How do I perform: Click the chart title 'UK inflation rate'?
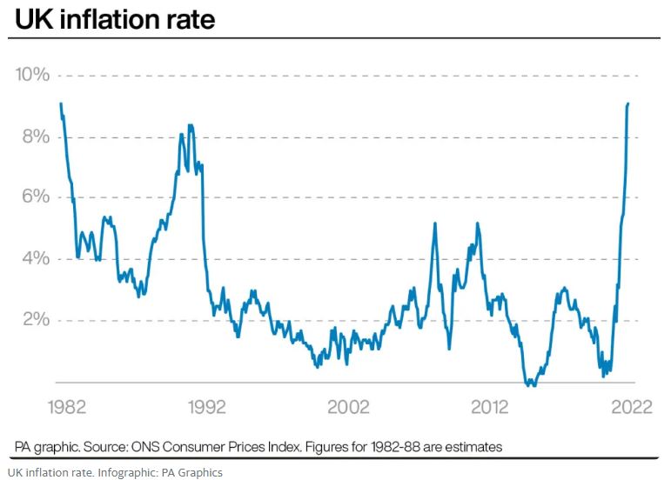[114, 18]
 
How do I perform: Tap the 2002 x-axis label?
[347, 407]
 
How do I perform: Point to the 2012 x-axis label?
[490, 407]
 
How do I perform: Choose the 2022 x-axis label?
[628, 407]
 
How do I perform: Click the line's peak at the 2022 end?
[628, 103]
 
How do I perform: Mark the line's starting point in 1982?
[61, 103]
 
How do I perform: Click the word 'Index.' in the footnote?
[278, 447]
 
